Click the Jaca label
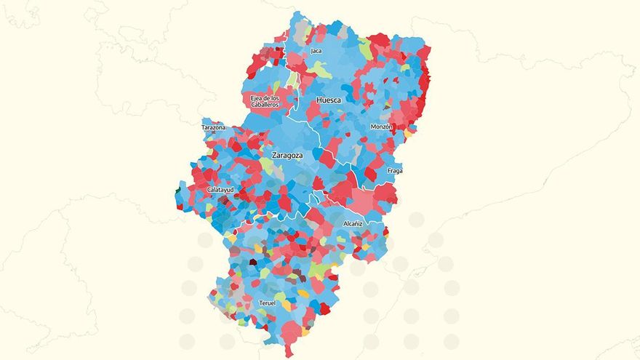click(x=316, y=51)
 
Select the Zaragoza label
click(x=287, y=156)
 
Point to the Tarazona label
click(x=214, y=128)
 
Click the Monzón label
click(x=382, y=127)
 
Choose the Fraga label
click(x=395, y=172)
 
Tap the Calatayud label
click(x=220, y=190)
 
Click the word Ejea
click(x=257, y=98)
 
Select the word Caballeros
click(x=265, y=105)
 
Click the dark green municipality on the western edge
click(x=177, y=192)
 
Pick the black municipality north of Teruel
click(x=253, y=262)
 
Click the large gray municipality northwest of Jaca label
click(x=300, y=30)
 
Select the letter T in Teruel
click(x=260, y=303)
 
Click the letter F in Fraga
click(x=389, y=172)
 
